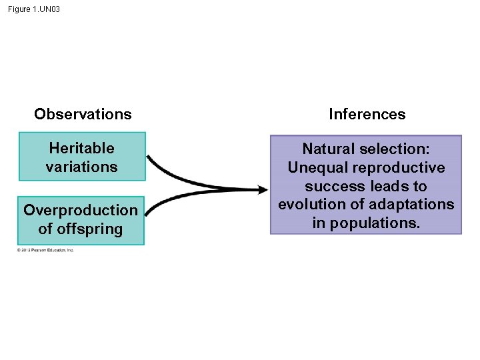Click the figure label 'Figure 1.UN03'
(34, 9)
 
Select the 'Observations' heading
(83, 114)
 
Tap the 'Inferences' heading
(367, 114)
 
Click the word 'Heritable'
(81, 148)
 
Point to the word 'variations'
(81, 167)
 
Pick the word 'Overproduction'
(81, 210)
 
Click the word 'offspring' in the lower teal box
(91, 229)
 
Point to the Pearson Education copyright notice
(45, 250)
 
